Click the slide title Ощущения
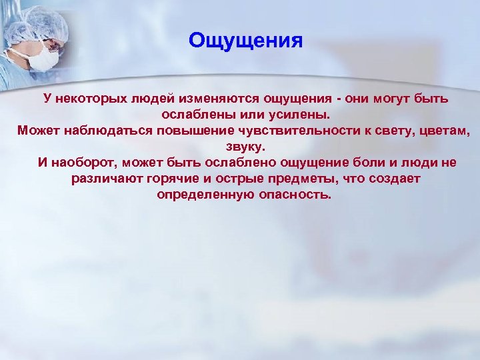(245, 41)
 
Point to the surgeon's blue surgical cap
(41, 23)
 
